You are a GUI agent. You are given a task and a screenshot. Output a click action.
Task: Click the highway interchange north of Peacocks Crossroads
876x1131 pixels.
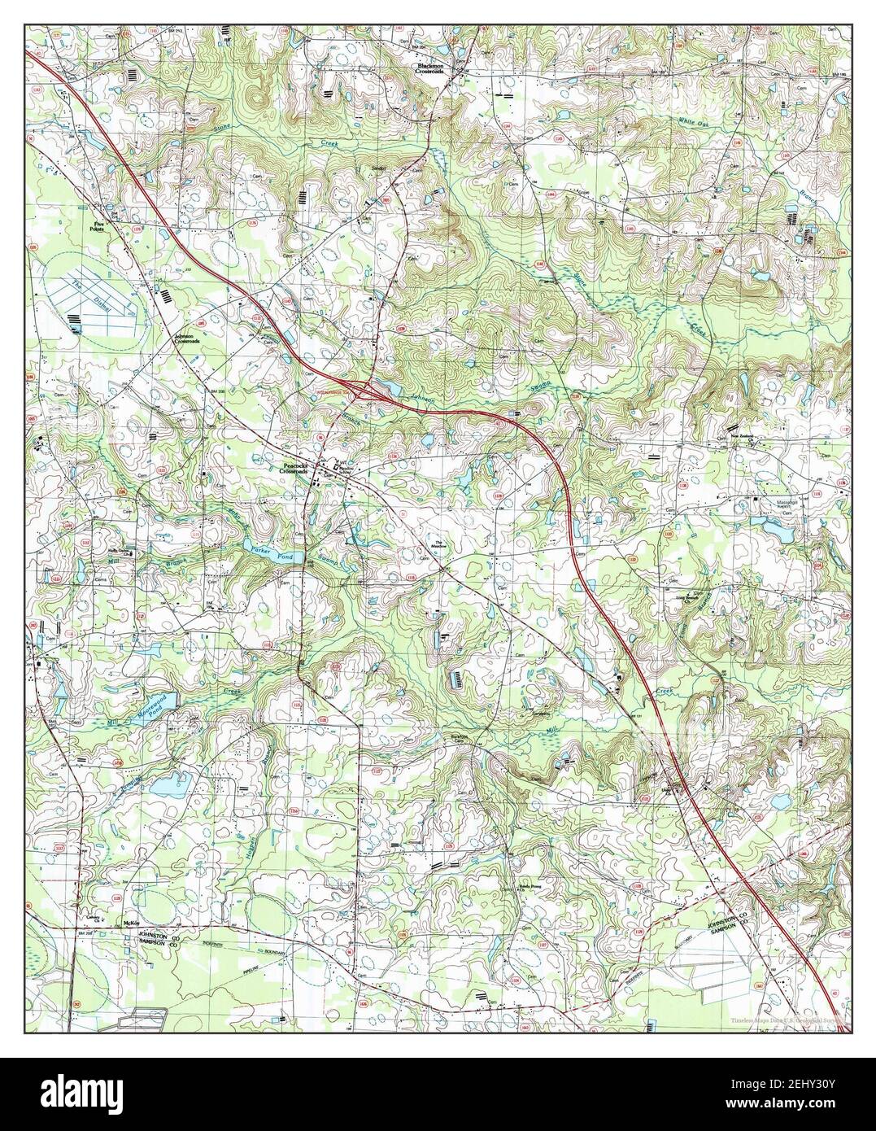358,388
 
